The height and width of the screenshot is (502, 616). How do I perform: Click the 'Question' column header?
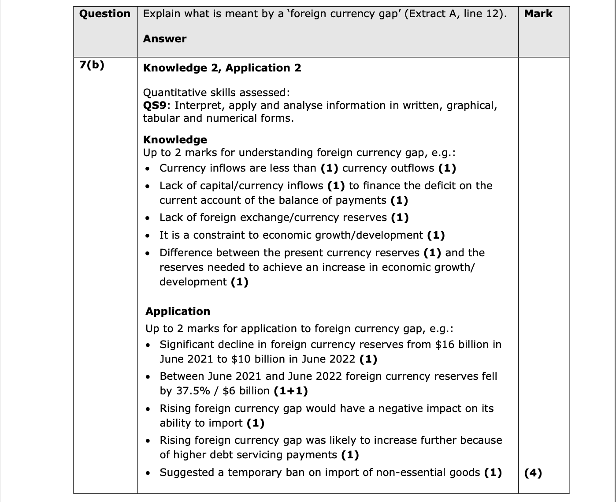(x=105, y=14)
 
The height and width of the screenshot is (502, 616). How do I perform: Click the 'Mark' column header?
(x=538, y=14)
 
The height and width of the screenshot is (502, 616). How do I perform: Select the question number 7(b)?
(x=92, y=65)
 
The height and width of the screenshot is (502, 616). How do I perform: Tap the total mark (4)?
(x=533, y=473)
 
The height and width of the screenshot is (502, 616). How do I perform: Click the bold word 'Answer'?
(x=165, y=39)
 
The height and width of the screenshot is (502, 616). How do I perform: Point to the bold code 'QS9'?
(x=155, y=105)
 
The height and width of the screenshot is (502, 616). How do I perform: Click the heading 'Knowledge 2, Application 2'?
(x=222, y=68)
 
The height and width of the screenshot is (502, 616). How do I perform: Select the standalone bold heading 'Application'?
(x=178, y=311)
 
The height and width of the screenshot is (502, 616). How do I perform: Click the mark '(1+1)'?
(x=290, y=391)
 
